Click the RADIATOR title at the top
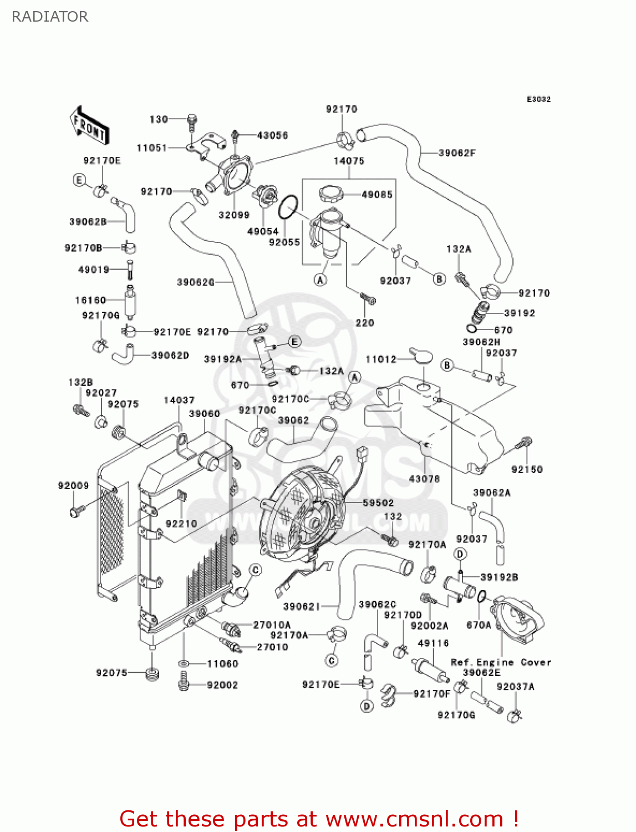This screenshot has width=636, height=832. click(50, 17)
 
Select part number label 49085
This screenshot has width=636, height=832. click(377, 195)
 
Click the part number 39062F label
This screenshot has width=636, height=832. click(457, 153)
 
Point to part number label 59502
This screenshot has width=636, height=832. click(378, 503)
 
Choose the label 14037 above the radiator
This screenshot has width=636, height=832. click(179, 400)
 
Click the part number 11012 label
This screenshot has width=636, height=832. click(381, 359)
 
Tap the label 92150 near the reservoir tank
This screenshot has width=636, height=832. click(527, 469)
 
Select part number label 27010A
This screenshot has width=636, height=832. click(272, 625)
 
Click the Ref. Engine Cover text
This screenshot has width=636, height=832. click(501, 662)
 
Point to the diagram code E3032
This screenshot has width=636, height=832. click(538, 99)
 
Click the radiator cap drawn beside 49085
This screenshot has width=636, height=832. click(331, 194)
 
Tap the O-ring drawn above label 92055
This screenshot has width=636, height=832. click(288, 207)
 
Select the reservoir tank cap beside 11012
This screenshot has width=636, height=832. click(421, 355)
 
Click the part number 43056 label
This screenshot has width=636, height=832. click(272, 135)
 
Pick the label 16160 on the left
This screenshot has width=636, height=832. click(90, 300)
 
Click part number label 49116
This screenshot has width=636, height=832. click(433, 643)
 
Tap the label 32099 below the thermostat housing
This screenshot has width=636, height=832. click(234, 215)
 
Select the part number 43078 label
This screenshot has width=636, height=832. click(424, 479)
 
